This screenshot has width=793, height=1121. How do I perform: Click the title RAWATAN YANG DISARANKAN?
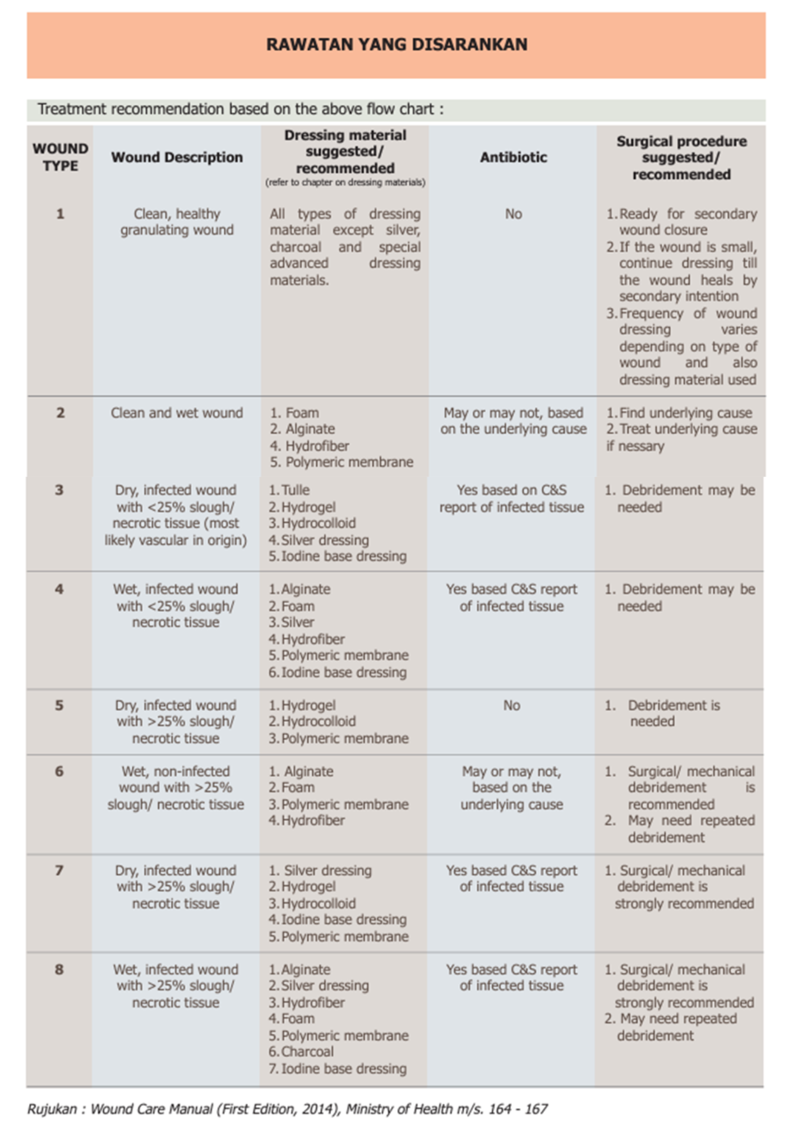point(396,44)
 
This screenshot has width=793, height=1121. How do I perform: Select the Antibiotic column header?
point(513,158)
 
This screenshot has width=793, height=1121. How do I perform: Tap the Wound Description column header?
point(177,158)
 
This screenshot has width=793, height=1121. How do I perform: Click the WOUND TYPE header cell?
point(60,158)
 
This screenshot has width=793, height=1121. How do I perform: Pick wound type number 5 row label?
point(59,705)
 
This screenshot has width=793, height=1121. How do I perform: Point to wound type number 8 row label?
point(59,970)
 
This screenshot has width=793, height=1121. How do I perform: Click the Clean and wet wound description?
point(177,413)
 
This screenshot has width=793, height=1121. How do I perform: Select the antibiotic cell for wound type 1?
point(513,214)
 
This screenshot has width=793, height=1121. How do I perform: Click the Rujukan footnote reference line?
point(287,1109)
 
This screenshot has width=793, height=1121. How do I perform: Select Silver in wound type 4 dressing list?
point(297,622)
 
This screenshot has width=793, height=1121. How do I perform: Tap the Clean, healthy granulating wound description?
point(177,222)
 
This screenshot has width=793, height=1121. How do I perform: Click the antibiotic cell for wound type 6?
point(511,788)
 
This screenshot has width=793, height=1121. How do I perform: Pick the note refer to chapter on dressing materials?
point(345,183)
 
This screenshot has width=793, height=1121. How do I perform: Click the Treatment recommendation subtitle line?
point(240,109)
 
